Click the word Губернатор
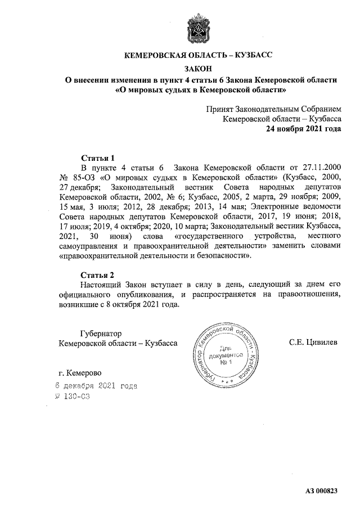(101, 333)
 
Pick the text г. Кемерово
(80, 372)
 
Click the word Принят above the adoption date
(221, 109)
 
